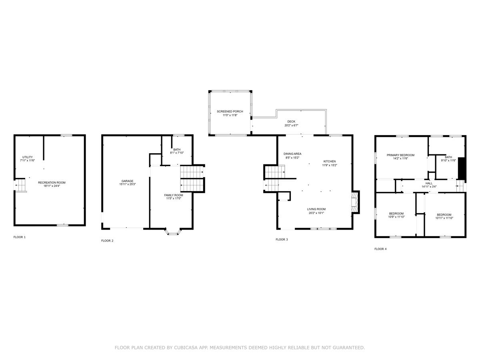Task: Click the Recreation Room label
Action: click(x=52, y=182)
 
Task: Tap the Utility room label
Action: click(x=28, y=157)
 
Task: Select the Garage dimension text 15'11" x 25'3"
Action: click(x=128, y=184)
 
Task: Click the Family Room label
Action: click(x=174, y=195)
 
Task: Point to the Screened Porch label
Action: click(x=230, y=112)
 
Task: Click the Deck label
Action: click(x=291, y=122)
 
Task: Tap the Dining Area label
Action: click(x=292, y=154)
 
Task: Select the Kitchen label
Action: click(x=330, y=162)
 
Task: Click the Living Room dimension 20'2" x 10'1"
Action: click(x=316, y=213)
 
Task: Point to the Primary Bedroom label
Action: click(x=400, y=155)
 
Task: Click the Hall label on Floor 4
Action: click(x=429, y=183)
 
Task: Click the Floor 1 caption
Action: click(x=20, y=237)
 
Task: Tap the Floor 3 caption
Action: click(x=282, y=240)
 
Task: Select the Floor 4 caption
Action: click(x=380, y=249)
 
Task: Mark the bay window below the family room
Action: click(x=173, y=232)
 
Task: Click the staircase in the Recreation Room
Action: click(x=20, y=185)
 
